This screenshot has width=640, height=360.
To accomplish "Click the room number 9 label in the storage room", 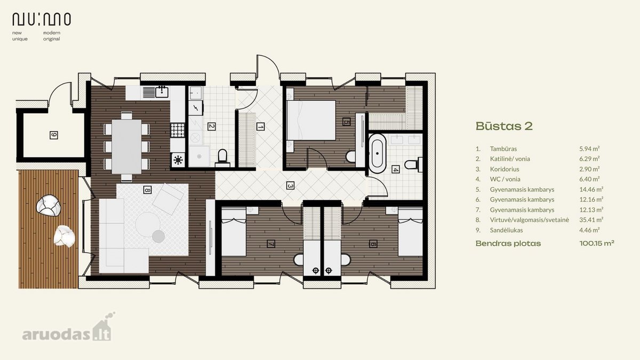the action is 54,135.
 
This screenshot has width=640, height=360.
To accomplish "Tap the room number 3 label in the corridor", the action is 290,186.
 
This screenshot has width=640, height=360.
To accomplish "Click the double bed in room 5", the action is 311,120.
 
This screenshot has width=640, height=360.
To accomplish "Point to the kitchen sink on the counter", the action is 162,92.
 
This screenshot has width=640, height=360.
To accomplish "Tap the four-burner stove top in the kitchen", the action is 178,130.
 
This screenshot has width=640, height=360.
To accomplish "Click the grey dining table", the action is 126,147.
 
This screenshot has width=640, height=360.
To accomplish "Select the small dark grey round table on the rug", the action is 158,236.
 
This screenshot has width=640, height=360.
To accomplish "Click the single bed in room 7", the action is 234,232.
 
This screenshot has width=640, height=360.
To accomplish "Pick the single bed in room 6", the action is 410,232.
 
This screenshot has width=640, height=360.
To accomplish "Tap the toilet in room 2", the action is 222,158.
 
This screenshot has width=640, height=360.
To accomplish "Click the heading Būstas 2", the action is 504,126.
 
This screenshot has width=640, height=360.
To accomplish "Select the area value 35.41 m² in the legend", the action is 591,220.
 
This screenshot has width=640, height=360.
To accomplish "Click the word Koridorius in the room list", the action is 505,169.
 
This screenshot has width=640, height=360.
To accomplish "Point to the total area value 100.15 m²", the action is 597,243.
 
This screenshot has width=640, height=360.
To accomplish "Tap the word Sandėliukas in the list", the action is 507,230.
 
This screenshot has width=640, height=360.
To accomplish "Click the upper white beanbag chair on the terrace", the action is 49,205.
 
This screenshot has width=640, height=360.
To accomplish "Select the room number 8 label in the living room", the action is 147,190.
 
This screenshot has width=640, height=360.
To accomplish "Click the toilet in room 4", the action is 413,165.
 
